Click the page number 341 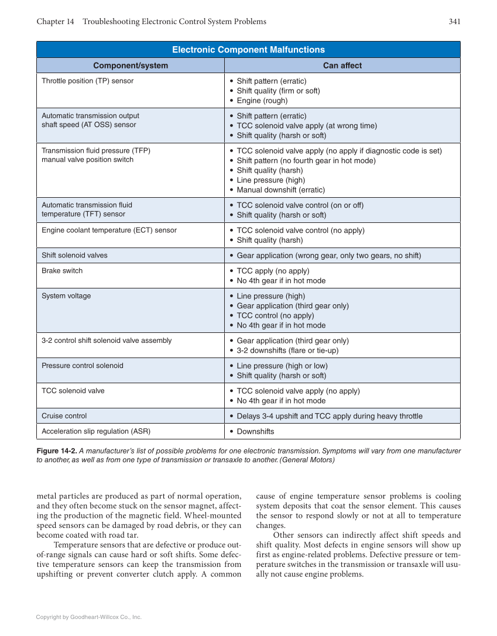click(454, 22)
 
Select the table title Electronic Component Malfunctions click(248, 50)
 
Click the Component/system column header click(131, 66)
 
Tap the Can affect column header click(342, 66)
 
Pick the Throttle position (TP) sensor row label click(87, 81)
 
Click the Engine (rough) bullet click(262, 101)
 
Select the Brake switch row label click(62, 271)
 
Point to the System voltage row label click(66, 296)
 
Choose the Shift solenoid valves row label click(74, 255)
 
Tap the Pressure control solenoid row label click(83, 366)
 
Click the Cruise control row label click(64, 416)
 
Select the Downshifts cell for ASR click(255, 432)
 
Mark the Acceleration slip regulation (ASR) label click(96, 431)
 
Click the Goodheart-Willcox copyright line click(89, 617)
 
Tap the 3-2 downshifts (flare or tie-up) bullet click(287, 350)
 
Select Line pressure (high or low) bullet click(282, 366)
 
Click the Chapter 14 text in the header click(55, 22)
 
